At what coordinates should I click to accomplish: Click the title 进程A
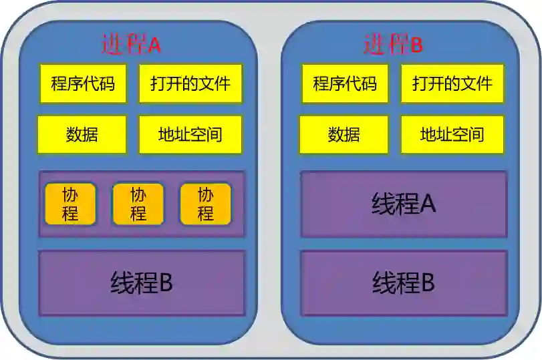coord(131,44)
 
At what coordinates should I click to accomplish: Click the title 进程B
coord(393,44)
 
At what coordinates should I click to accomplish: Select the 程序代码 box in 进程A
coord(83,83)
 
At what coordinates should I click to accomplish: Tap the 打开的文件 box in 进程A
coord(190,83)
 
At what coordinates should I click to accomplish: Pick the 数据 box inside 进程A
coord(82,134)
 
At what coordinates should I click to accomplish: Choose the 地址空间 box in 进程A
coord(190,134)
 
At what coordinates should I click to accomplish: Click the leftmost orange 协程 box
coord(70,204)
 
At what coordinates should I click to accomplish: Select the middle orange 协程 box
coord(138,204)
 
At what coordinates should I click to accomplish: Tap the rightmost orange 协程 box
coord(205,204)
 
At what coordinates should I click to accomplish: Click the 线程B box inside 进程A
coord(142,283)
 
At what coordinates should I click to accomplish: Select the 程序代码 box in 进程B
coord(345,83)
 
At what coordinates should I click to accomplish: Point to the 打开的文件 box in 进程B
coord(452,83)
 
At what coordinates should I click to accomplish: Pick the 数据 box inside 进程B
coord(344,134)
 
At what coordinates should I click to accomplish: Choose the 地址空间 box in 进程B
coord(452,134)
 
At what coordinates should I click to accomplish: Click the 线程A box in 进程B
coord(404,204)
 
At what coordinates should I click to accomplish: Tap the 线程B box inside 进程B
coord(404,283)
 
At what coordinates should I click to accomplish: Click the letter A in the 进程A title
coord(154,45)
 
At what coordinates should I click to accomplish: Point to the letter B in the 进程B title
coord(416,45)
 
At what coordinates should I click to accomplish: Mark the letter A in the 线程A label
coord(428,204)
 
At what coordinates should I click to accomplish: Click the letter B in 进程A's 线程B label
coord(166,283)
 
